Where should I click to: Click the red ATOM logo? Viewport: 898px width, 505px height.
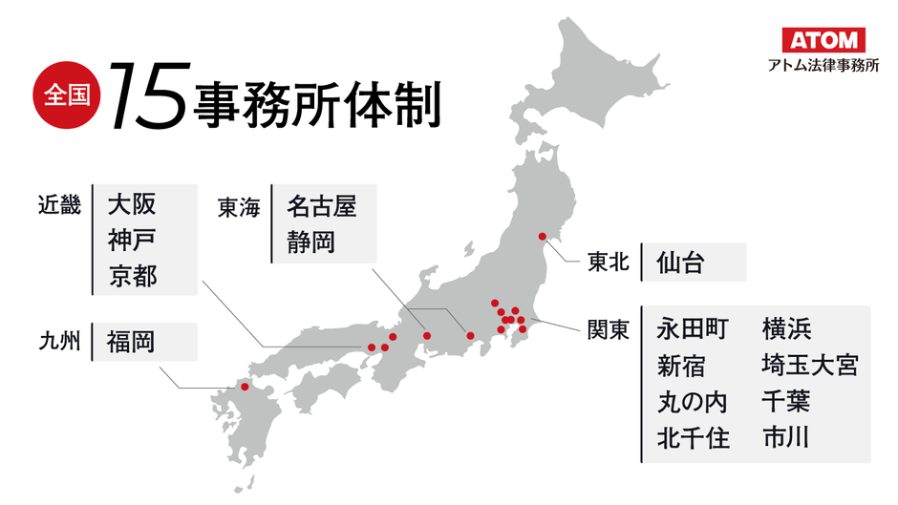[823, 40]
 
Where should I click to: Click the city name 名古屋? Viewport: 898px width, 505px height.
[321, 204]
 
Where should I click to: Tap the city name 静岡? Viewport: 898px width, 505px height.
[310, 241]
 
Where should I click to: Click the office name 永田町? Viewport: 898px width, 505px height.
[693, 329]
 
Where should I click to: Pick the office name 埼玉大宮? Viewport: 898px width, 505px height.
[809, 366]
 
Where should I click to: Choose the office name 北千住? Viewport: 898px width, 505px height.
[693, 438]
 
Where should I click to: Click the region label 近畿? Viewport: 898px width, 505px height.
[59, 204]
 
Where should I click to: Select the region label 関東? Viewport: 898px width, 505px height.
[608, 330]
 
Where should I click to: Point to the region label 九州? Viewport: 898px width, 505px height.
[59, 341]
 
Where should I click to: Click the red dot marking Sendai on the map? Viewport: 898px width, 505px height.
[542, 236]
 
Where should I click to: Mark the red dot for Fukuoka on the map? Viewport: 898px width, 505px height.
[245, 387]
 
